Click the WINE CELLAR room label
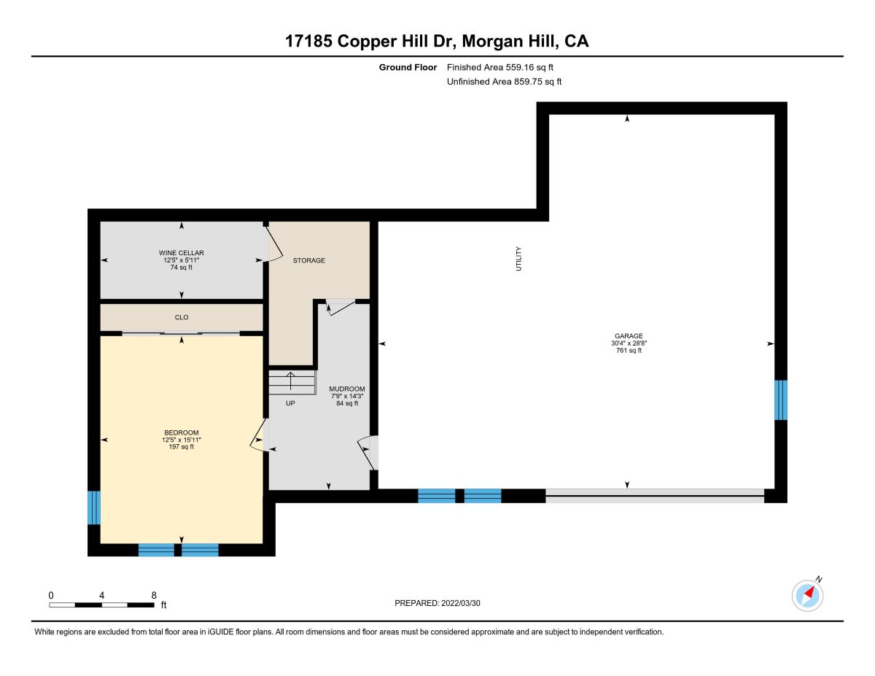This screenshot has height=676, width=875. (x=182, y=253)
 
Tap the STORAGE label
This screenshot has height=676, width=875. (x=309, y=260)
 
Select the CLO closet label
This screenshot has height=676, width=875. (x=182, y=317)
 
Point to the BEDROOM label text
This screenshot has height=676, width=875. (x=182, y=432)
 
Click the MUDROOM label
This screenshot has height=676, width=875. (x=346, y=389)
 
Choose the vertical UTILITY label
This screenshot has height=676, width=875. (x=518, y=259)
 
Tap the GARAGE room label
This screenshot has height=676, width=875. (x=629, y=335)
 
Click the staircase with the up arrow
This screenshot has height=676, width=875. (x=292, y=383)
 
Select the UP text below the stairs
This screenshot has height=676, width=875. (x=290, y=403)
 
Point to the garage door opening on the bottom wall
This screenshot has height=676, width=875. (x=655, y=496)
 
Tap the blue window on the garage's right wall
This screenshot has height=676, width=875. (x=781, y=400)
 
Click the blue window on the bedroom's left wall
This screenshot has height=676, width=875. (x=94, y=508)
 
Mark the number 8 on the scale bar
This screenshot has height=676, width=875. (x=154, y=595)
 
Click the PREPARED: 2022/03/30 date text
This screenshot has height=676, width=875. (x=437, y=603)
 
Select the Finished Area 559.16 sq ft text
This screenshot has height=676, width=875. (x=500, y=67)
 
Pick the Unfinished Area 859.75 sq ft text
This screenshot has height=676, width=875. (x=504, y=82)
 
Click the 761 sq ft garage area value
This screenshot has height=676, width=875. (x=629, y=350)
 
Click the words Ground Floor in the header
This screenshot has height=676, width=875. (x=408, y=67)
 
